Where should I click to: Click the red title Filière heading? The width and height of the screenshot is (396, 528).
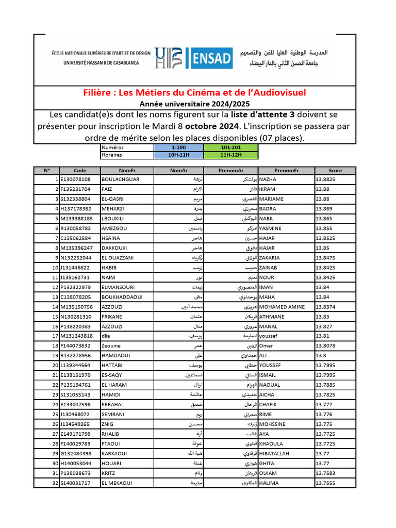(x=194, y=93)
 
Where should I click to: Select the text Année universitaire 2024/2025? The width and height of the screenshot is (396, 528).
(x=194, y=103)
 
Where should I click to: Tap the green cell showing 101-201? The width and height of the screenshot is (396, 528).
(x=230, y=147)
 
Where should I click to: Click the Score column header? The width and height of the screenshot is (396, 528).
(x=335, y=170)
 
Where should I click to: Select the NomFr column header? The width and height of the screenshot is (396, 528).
(x=127, y=170)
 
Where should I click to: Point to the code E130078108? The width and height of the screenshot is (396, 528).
(x=75, y=179)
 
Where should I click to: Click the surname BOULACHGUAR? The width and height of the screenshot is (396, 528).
(x=121, y=179)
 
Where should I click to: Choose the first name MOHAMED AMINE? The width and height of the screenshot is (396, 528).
(x=282, y=307)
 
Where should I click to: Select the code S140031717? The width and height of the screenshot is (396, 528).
(x=75, y=483)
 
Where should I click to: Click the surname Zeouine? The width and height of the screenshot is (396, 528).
(x=111, y=346)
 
